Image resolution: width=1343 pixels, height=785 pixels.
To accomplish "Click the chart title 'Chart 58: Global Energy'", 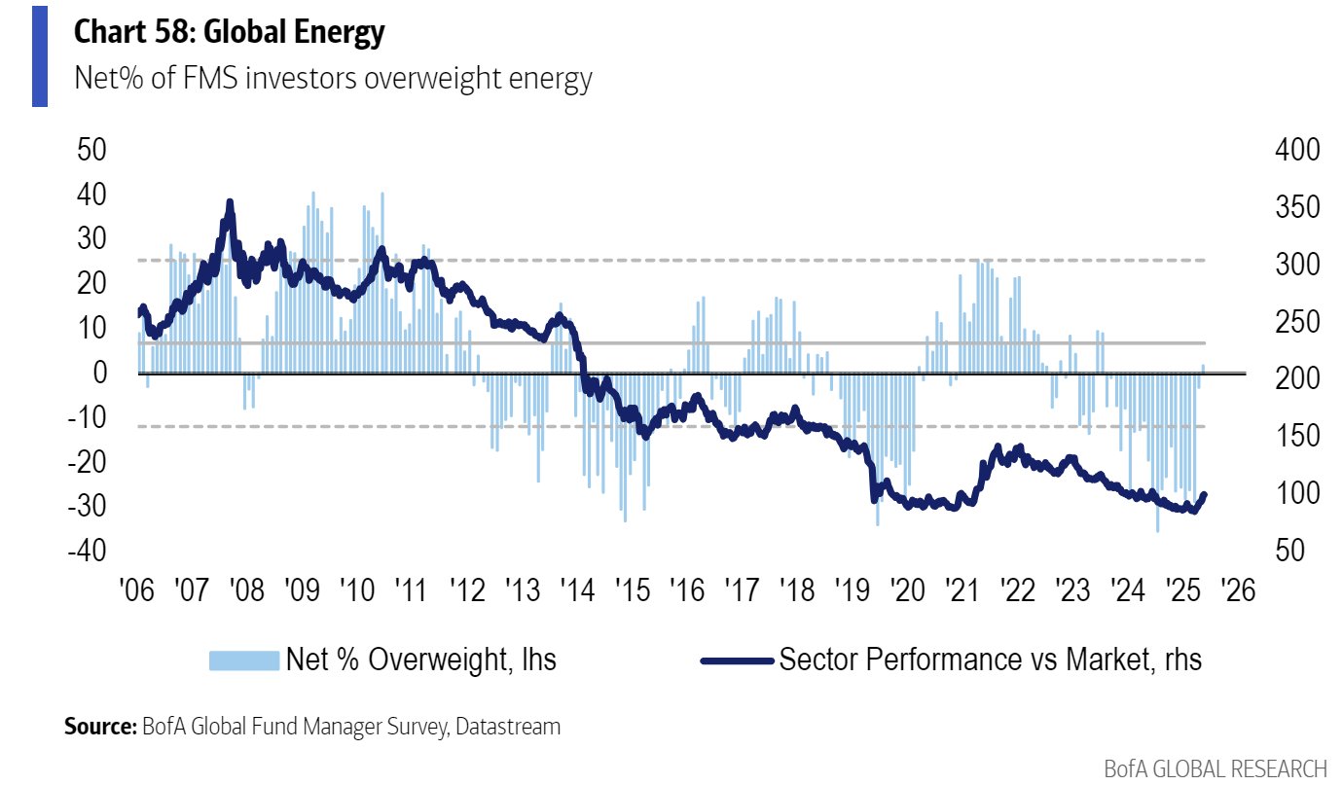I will [x=230, y=33].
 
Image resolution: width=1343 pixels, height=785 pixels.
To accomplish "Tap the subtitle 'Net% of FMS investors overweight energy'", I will [x=333, y=78].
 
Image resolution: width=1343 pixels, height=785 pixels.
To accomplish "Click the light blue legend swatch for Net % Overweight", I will [x=243, y=660].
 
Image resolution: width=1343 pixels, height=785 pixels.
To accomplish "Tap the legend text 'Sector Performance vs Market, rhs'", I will [x=990, y=660].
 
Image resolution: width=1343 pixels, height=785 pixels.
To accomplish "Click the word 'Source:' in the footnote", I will [x=99, y=726].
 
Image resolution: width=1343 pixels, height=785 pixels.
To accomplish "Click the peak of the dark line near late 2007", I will [x=230, y=202].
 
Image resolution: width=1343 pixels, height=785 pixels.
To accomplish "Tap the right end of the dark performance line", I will [x=1204, y=495].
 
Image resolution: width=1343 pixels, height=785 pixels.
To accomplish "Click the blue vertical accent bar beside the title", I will [x=40, y=54].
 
